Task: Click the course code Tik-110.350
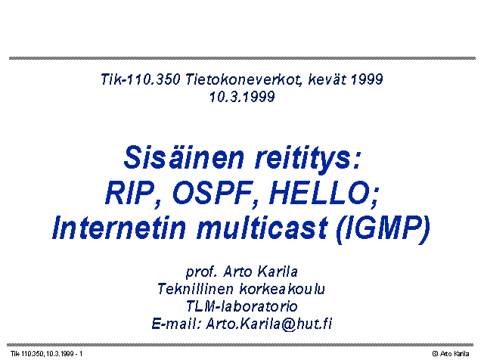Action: point(141,79)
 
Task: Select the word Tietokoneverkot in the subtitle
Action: point(244,79)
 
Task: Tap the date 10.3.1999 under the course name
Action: point(242,97)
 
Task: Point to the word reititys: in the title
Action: point(308,159)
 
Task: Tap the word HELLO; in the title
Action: point(324,193)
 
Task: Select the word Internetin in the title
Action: point(119,228)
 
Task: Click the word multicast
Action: point(262,228)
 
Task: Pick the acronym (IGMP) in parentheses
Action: point(383,229)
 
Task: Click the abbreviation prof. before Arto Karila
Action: point(201,272)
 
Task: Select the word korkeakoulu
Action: point(282,289)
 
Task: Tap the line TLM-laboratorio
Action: point(242,306)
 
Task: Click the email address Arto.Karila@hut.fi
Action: point(269,324)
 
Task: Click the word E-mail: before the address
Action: point(176,324)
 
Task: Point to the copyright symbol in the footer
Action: point(436,354)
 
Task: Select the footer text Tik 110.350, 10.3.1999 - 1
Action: point(47,354)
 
